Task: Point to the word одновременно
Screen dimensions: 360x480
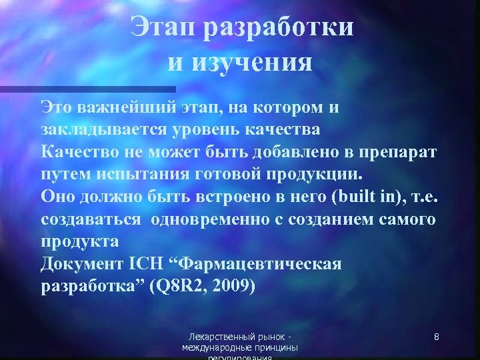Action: point(219,219)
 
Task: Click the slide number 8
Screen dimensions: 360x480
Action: point(436,337)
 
